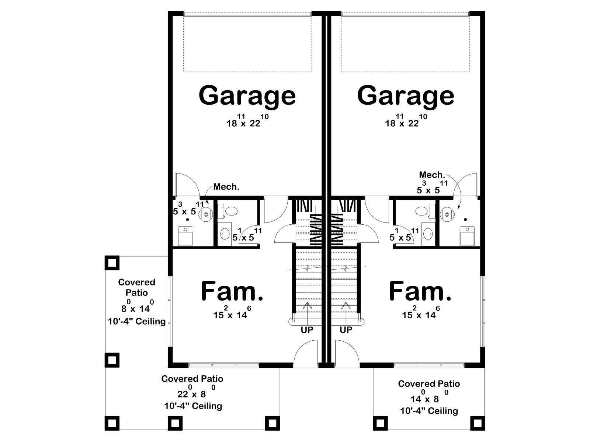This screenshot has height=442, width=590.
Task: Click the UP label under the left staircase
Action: tap(307, 330)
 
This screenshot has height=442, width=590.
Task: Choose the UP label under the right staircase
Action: tap(346, 330)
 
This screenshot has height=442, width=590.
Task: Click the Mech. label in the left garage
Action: tap(226, 187)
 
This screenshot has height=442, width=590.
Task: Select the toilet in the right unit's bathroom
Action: tap(425, 211)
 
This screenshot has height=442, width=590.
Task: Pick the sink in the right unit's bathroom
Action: tap(428, 234)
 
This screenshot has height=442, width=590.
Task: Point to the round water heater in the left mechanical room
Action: tap(206, 214)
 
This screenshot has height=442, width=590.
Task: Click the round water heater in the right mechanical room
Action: tap(447, 214)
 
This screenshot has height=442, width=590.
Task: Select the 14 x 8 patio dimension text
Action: tap(429, 397)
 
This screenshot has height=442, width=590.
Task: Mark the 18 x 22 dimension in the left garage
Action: tap(247, 121)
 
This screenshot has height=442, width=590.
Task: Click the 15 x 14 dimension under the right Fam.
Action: tap(421, 313)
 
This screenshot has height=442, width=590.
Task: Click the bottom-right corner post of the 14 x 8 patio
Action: tap(478, 423)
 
